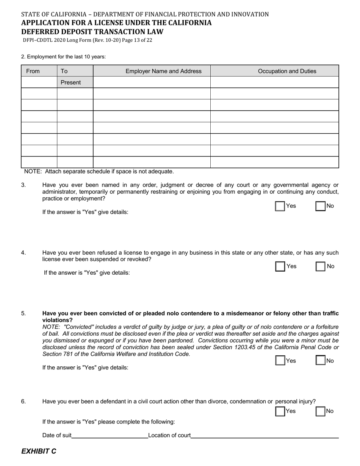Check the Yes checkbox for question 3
(x=280, y=206)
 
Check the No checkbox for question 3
(x=321, y=206)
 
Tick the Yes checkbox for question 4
(x=280, y=266)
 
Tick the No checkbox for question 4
(x=321, y=266)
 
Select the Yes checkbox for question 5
(x=280, y=361)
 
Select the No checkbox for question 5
(x=321, y=361)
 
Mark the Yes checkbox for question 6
(x=280, y=411)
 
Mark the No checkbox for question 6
(x=321, y=411)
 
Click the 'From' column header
(x=33, y=71)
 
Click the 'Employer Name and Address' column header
(x=163, y=71)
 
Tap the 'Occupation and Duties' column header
(x=287, y=71)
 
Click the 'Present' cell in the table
(x=71, y=83)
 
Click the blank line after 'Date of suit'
(x=110, y=435)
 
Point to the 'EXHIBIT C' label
(x=39, y=451)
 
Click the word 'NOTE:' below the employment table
(x=34, y=172)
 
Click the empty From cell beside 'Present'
(x=39, y=83)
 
